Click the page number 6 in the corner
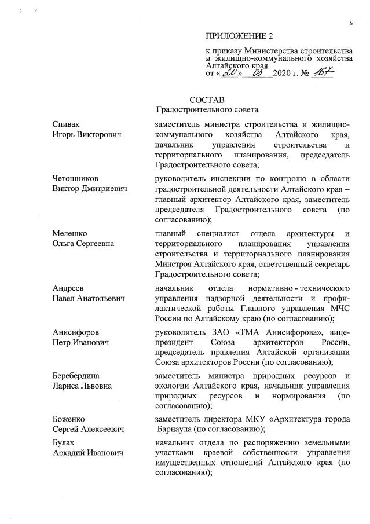point(350,23)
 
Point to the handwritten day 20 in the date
point(232,74)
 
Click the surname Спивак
point(65,124)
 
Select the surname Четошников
point(75,179)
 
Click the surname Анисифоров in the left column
point(75,332)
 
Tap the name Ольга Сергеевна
point(83,244)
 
